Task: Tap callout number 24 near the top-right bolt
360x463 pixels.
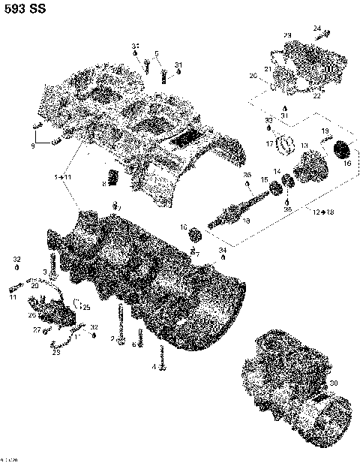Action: [317, 29]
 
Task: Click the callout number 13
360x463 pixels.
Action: [304, 146]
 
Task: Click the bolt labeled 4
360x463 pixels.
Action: [159, 353]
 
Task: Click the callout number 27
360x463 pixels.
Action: [35, 329]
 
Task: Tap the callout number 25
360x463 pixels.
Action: [85, 308]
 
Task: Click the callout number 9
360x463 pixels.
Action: [32, 146]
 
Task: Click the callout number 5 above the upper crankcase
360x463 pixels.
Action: [157, 53]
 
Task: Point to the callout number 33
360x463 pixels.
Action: [268, 120]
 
